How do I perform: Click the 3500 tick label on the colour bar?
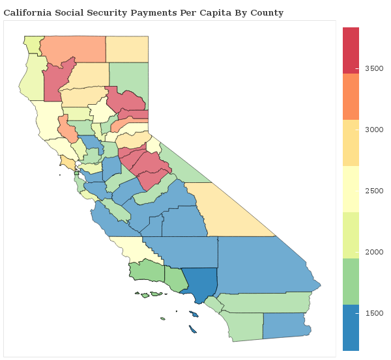click(x=373, y=68)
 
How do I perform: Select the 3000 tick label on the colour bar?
click(x=373, y=129)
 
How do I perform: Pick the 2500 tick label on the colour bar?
click(x=373, y=190)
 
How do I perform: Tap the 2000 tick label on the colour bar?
click(x=373, y=251)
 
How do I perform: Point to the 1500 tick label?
click(x=373, y=312)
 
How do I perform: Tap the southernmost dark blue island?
click(x=193, y=329)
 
